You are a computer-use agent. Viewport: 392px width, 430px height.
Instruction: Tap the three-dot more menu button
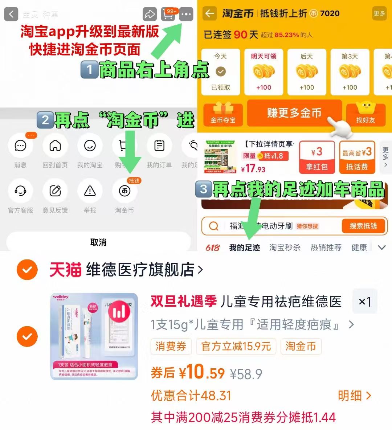pyautogui.click(x=186, y=15)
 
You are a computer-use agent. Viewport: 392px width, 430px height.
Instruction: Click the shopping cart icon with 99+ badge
pyautogui.click(x=168, y=15)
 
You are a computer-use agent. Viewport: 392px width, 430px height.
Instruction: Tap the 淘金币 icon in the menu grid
pyautogui.click(x=124, y=191)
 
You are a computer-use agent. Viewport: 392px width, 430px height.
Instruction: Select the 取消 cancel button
pyautogui.click(x=98, y=242)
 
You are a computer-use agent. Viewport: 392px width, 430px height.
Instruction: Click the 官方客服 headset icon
pyautogui.click(x=20, y=191)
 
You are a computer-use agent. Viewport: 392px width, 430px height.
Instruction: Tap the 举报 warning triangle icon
pyautogui.click(x=90, y=191)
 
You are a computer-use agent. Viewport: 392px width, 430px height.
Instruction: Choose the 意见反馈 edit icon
pyautogui.click(x=55, y=191)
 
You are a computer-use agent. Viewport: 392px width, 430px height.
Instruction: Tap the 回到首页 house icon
pyautogui.click(x=55, y=146)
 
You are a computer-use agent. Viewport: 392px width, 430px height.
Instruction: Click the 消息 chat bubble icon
pyautogui.click(x=20, y=146)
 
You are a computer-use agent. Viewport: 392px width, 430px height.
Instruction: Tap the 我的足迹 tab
pyautogui.click(x=245, y=247)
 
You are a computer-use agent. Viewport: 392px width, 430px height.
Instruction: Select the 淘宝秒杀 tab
pyautogui.click(x=285, y=247)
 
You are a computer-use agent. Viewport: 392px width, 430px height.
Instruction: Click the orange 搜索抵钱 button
pyautogui.click(x=363, y=226)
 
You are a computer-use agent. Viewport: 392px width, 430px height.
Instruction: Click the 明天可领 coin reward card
pyautogui.click(x=264, y=72)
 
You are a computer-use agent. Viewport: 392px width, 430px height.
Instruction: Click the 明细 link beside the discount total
pyautogui.click(x=354, y=396)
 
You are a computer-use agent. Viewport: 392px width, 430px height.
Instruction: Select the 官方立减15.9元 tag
pyautogui.click(x=236, y=347)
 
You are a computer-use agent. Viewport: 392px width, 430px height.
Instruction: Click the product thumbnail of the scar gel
pyautogui.click(x=94, y=336)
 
